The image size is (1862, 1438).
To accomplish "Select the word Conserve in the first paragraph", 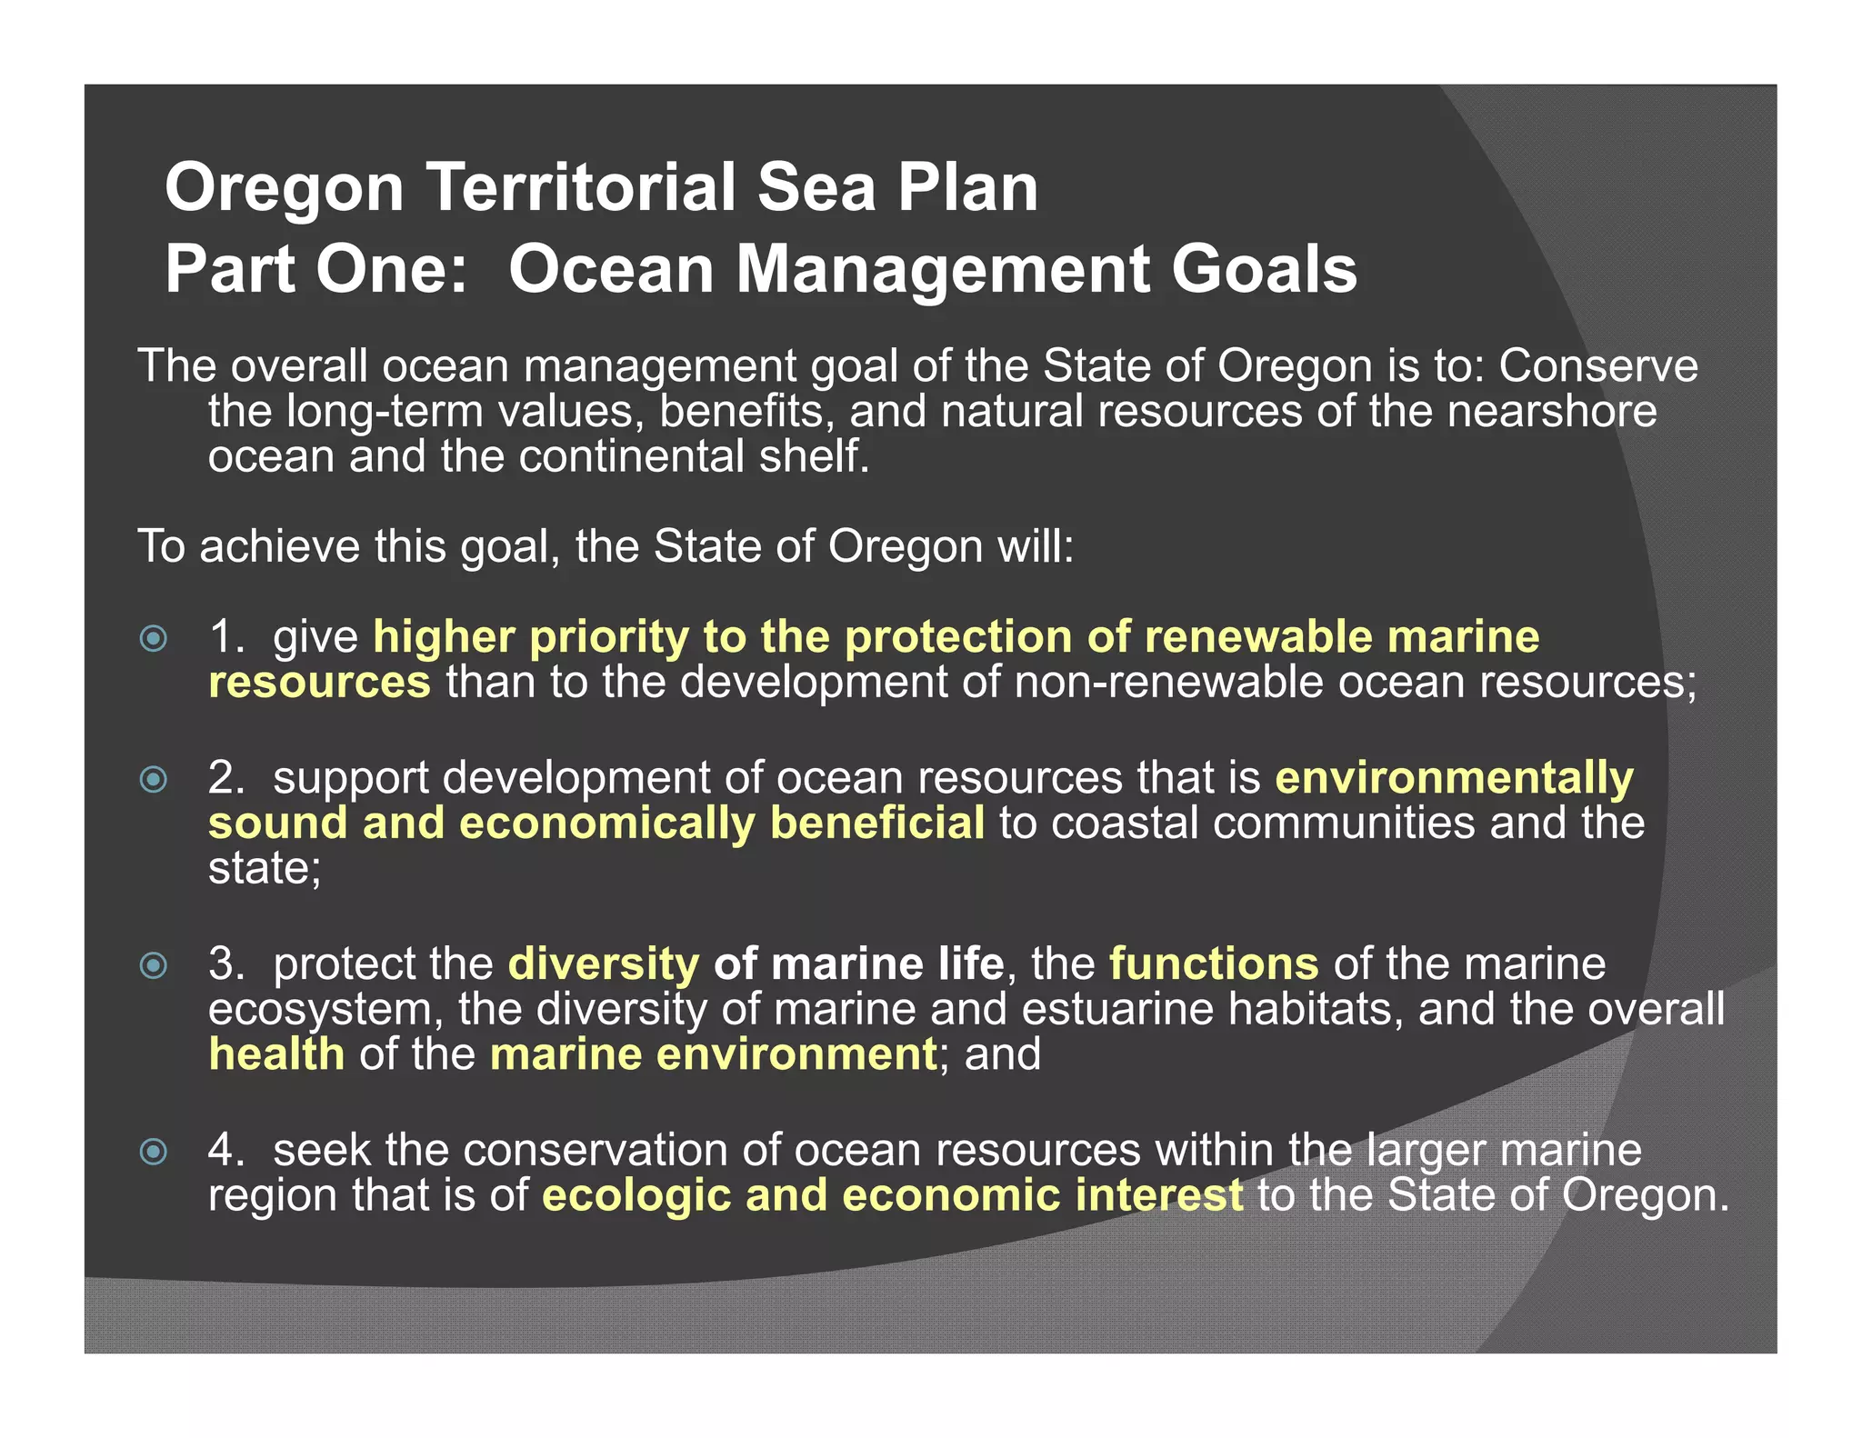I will tap(1597, 366).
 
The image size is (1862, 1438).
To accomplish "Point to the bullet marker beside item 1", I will tap(154, 638).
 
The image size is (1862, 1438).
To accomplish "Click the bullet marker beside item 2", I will tap(154, 779).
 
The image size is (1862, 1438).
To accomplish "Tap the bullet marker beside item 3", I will tap(154, 965).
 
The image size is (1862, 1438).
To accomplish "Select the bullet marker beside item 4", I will tap(154, 1152).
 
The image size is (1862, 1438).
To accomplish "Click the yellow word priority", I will tap(609, 638).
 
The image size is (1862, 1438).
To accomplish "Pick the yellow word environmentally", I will tap(1454, 779).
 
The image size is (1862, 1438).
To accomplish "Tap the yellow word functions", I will tap(1214, 964).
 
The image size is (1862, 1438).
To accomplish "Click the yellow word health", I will tap(276, 1054).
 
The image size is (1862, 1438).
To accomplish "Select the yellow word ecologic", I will tap(636, 1195).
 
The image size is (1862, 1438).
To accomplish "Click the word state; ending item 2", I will tap(265, 868).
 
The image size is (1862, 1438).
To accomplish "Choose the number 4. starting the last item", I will tap(225, 1150).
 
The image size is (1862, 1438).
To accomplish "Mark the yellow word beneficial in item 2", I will tap(877, 824).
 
